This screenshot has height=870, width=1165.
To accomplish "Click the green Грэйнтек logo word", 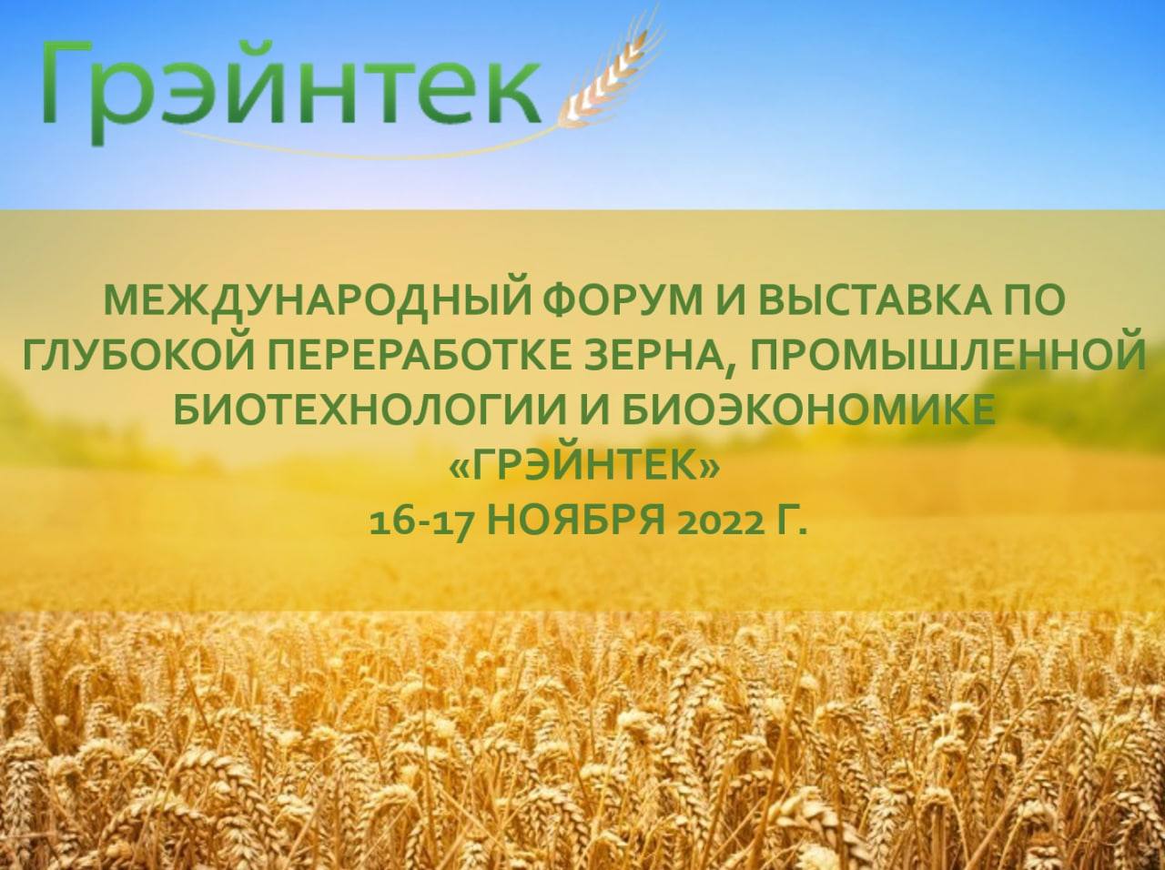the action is [x=291, y=89].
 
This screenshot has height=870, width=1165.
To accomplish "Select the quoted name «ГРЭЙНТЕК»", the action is [x=582, y=464].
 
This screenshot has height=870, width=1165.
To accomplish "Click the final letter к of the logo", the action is [x=511, y=95].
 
